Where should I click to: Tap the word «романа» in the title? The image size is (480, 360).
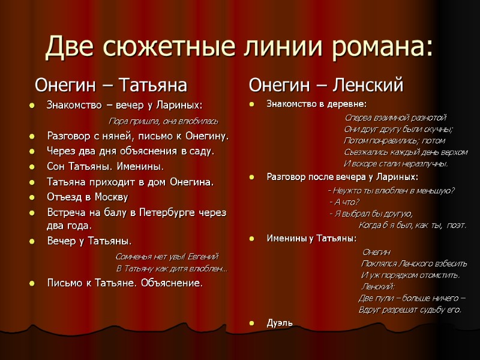(x=385, y=46)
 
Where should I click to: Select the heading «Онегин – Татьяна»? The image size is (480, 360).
(x=111, y=85)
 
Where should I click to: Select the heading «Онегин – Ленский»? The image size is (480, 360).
(x=326, y=85)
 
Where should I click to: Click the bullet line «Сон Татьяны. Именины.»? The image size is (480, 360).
(x=105, y=166)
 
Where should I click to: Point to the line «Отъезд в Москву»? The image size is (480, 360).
(x=87, y=197)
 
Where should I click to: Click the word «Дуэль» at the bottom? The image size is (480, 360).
(x=280, y=323)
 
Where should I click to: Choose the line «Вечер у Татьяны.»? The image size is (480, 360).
(x=89, y=241)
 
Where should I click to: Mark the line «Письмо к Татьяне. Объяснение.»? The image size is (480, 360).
(x=125, y=282)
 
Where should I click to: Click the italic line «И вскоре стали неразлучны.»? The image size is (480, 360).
(x=396, y=164)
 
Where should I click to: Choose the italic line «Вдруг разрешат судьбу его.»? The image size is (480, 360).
(x=410, y=310)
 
